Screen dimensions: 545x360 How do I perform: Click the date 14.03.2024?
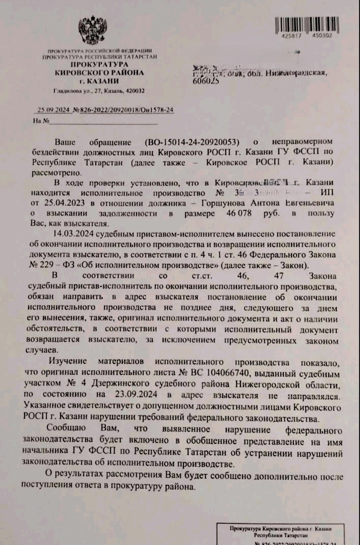(73, 235)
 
